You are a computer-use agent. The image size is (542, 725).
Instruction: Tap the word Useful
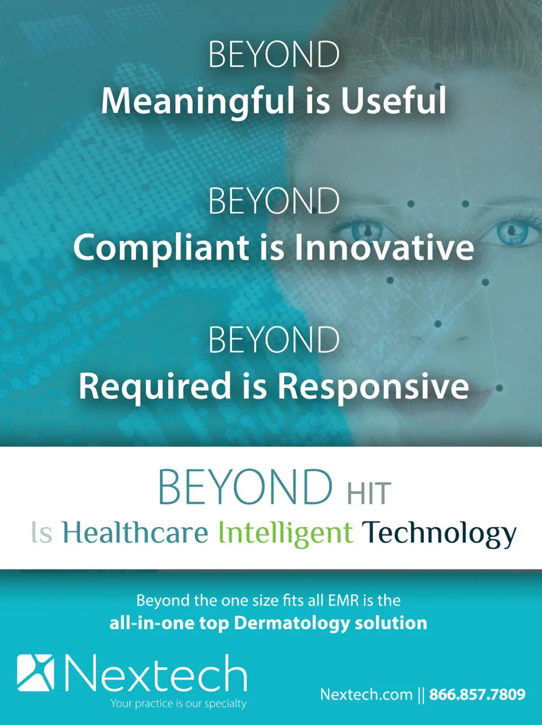click(x=393, y=99)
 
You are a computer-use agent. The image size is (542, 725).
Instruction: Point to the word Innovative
click(x=384, y=247)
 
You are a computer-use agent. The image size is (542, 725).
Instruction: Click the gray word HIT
click(x=369, y=493)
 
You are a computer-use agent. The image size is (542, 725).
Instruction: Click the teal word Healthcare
click(x=135, y=532)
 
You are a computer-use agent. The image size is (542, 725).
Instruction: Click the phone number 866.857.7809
click(x=477, y=694)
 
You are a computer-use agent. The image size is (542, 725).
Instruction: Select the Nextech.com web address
click(x=366, y=694)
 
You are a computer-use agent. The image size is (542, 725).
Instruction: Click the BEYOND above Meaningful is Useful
click(x=274, y=55)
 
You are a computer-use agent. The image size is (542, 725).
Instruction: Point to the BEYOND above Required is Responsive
click(x=274, y=340)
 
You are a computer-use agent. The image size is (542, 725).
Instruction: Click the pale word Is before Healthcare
click(x=42, y=532)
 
